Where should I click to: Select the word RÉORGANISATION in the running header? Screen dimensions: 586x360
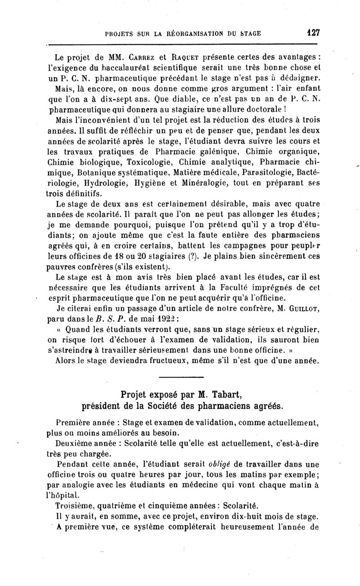186,33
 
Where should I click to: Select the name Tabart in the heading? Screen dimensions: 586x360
220,395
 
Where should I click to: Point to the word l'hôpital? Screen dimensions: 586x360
63,494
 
